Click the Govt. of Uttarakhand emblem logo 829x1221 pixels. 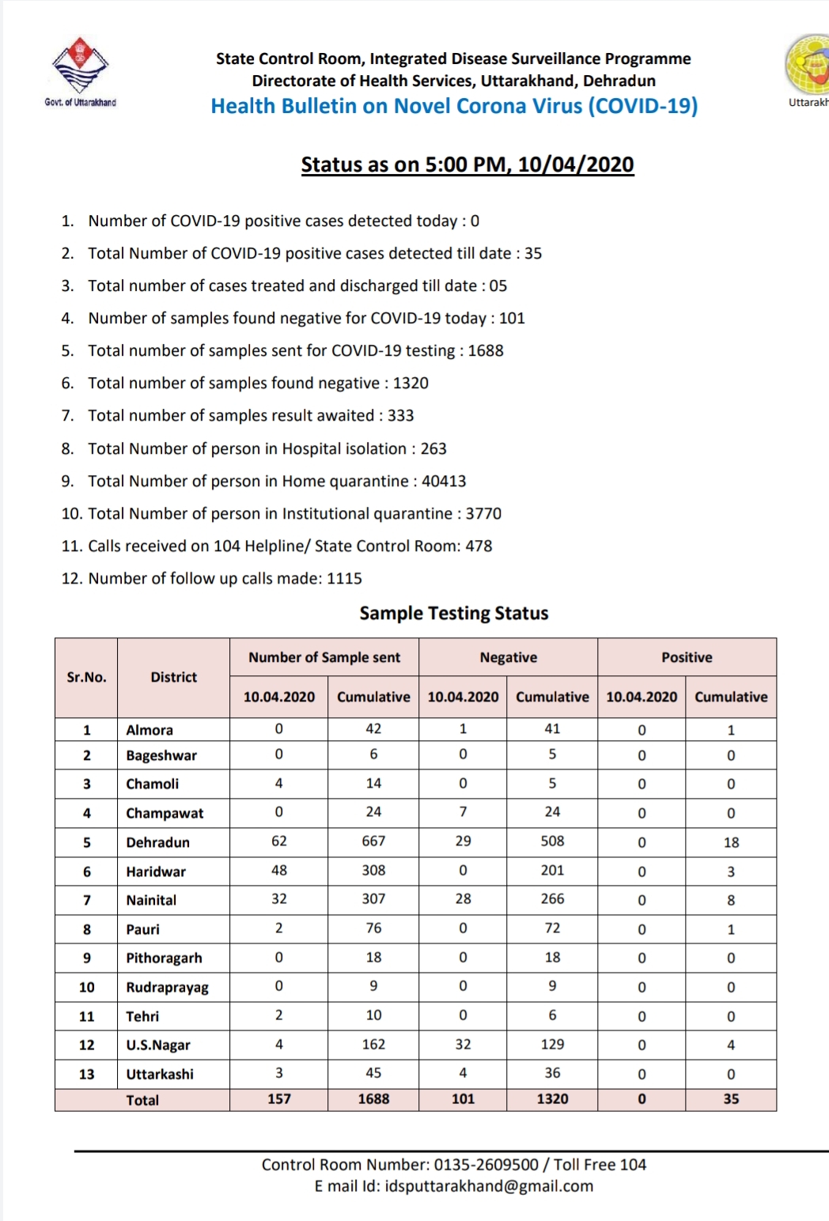click(80, 66)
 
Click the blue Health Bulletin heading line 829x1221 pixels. click(454, 107)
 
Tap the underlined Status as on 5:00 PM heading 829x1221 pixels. click(467, 164)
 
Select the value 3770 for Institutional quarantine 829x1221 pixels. click(483, 513)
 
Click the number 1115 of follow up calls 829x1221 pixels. click(344, 578)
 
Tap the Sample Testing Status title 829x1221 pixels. click(453, 613)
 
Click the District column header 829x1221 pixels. click(173, 677)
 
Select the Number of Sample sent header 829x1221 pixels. click(324, 657)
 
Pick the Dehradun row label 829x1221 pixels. click(157, 842)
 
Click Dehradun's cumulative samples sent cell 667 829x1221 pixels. click(373, 841)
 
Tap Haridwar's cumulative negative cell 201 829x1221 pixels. click(552, 871)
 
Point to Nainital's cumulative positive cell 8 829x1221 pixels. click(730, 900)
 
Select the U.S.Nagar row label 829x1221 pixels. click(158, 1045)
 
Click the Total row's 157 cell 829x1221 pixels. click(278, 1098)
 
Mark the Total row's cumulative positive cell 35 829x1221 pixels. click(730, 1098)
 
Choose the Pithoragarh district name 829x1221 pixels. click(164, 958)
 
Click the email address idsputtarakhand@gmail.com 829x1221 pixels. click(489, 1186)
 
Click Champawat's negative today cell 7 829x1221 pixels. click(463, 812)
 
